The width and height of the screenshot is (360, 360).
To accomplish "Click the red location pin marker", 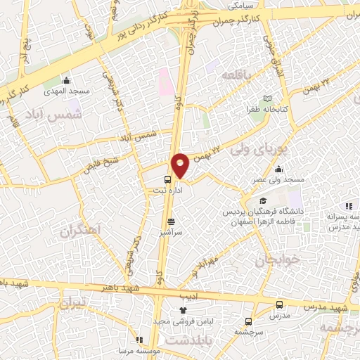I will pyautogui.click(x=180, y=165).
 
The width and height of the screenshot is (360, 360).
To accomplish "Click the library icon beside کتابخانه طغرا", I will pyautogui.click(x=266, y=98).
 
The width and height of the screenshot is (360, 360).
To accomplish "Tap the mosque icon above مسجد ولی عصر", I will pyautogui.click(x=279, y=169).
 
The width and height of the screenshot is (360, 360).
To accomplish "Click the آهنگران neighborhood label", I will pyautogui.click(x=79, y=231).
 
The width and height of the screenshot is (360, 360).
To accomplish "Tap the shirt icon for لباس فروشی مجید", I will pyautogui.click(x=184, y=309).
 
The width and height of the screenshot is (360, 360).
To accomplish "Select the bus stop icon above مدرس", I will pyautogui.click(x=279, y=305).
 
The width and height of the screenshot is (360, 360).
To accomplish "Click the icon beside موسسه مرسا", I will pyautogui.click(x=139, y=340).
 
